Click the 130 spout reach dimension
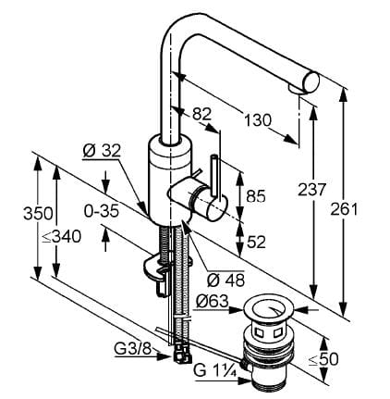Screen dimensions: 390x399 tap(258, 120)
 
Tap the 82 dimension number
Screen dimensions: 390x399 tap(201, 114)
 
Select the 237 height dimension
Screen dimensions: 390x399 tap(311, 189)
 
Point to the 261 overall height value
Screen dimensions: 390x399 tap(344, 209)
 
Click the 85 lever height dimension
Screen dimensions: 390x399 tap(256, 195)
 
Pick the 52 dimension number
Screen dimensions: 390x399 tap(256, 242)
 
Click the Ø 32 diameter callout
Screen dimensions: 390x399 tap(102, 151)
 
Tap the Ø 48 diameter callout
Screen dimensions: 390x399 tap(225, 280)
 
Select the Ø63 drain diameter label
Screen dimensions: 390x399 tap(213, 302)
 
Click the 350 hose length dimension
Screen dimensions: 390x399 tap(38, 213)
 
